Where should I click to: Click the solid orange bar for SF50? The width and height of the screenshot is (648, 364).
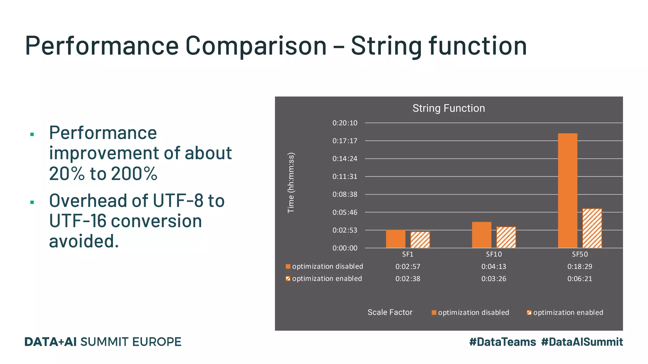pyautogui.click(x=567, y=191)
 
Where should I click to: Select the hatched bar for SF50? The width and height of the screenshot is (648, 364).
pyautogui.click(x=592, y=228)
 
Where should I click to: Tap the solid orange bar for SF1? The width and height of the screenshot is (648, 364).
pyautogui.click(x=396, y=239)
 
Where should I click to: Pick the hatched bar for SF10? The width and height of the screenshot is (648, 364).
pyautogui.click(x=506, y=237)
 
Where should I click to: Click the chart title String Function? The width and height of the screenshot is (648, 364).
pyautogui.click(x=448, y=108)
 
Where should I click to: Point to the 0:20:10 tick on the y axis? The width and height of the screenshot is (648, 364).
pyautogui.click(x=345, y=123)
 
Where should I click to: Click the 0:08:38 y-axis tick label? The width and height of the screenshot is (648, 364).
pyautogui.click(x=345, y=194)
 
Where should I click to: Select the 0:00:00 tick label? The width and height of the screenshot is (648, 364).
pyautogui.click(x=345, y=248)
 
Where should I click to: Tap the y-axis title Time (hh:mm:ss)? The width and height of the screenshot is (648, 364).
pyautogui.click(x=291, y=183)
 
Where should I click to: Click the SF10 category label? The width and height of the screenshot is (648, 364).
pyautogui.click(x=494, y=254)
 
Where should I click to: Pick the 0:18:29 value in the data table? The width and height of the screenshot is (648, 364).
pyautogui.click(x=579, y=267)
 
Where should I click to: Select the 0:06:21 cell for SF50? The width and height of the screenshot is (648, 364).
pyautogui.click(x=579, y=279)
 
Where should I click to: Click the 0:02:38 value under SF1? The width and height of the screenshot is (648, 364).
pyautogui.click(x=408, y=279)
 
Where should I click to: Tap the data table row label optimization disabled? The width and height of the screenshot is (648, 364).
pyautogui.click(x=327, y=266)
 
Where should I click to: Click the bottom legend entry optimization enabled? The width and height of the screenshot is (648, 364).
pyautogui.click(x=568, y=312)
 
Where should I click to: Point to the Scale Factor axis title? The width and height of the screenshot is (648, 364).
pyautogui.click(x=390, y=312)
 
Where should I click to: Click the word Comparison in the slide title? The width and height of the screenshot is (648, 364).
pyautogui.click(x=256, y=45)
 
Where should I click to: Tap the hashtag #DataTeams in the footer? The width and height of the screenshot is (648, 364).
pyautogui.click(x=502, y=342)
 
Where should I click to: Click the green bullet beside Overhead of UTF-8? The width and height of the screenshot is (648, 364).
pyautogui.click(x=32, y=202)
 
